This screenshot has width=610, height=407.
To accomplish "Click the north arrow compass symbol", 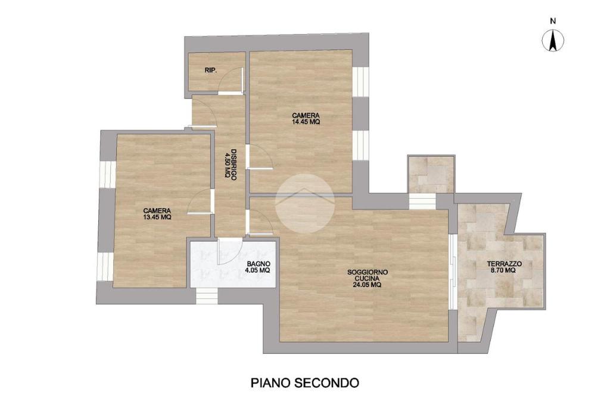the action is tap(553, 40).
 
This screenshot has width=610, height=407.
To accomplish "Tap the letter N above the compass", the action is tap(553, 21).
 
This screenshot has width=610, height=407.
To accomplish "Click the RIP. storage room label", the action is tap(210, 70).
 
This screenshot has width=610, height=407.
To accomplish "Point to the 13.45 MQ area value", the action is tap(157, 217).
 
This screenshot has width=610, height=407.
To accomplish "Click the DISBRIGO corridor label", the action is tap(234, 164).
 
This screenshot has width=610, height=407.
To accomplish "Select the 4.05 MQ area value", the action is tap(257, 270).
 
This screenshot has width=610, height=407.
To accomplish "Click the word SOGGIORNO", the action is tap(367, 273).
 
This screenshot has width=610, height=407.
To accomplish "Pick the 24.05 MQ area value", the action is tap(367, 285).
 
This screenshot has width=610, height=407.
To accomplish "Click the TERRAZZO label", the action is tap(504, 264).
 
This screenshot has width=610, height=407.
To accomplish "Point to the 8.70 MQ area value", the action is tap(503, 270).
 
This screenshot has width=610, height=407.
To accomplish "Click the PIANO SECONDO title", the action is tap(304, 383).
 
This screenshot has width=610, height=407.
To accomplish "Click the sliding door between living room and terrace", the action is tap(452, 272).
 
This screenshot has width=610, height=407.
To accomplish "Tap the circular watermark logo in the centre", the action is tap(304, 203).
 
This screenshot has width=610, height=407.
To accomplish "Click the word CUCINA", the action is tap(367, 279).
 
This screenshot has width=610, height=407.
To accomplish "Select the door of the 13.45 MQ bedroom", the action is tap(201, 201).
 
